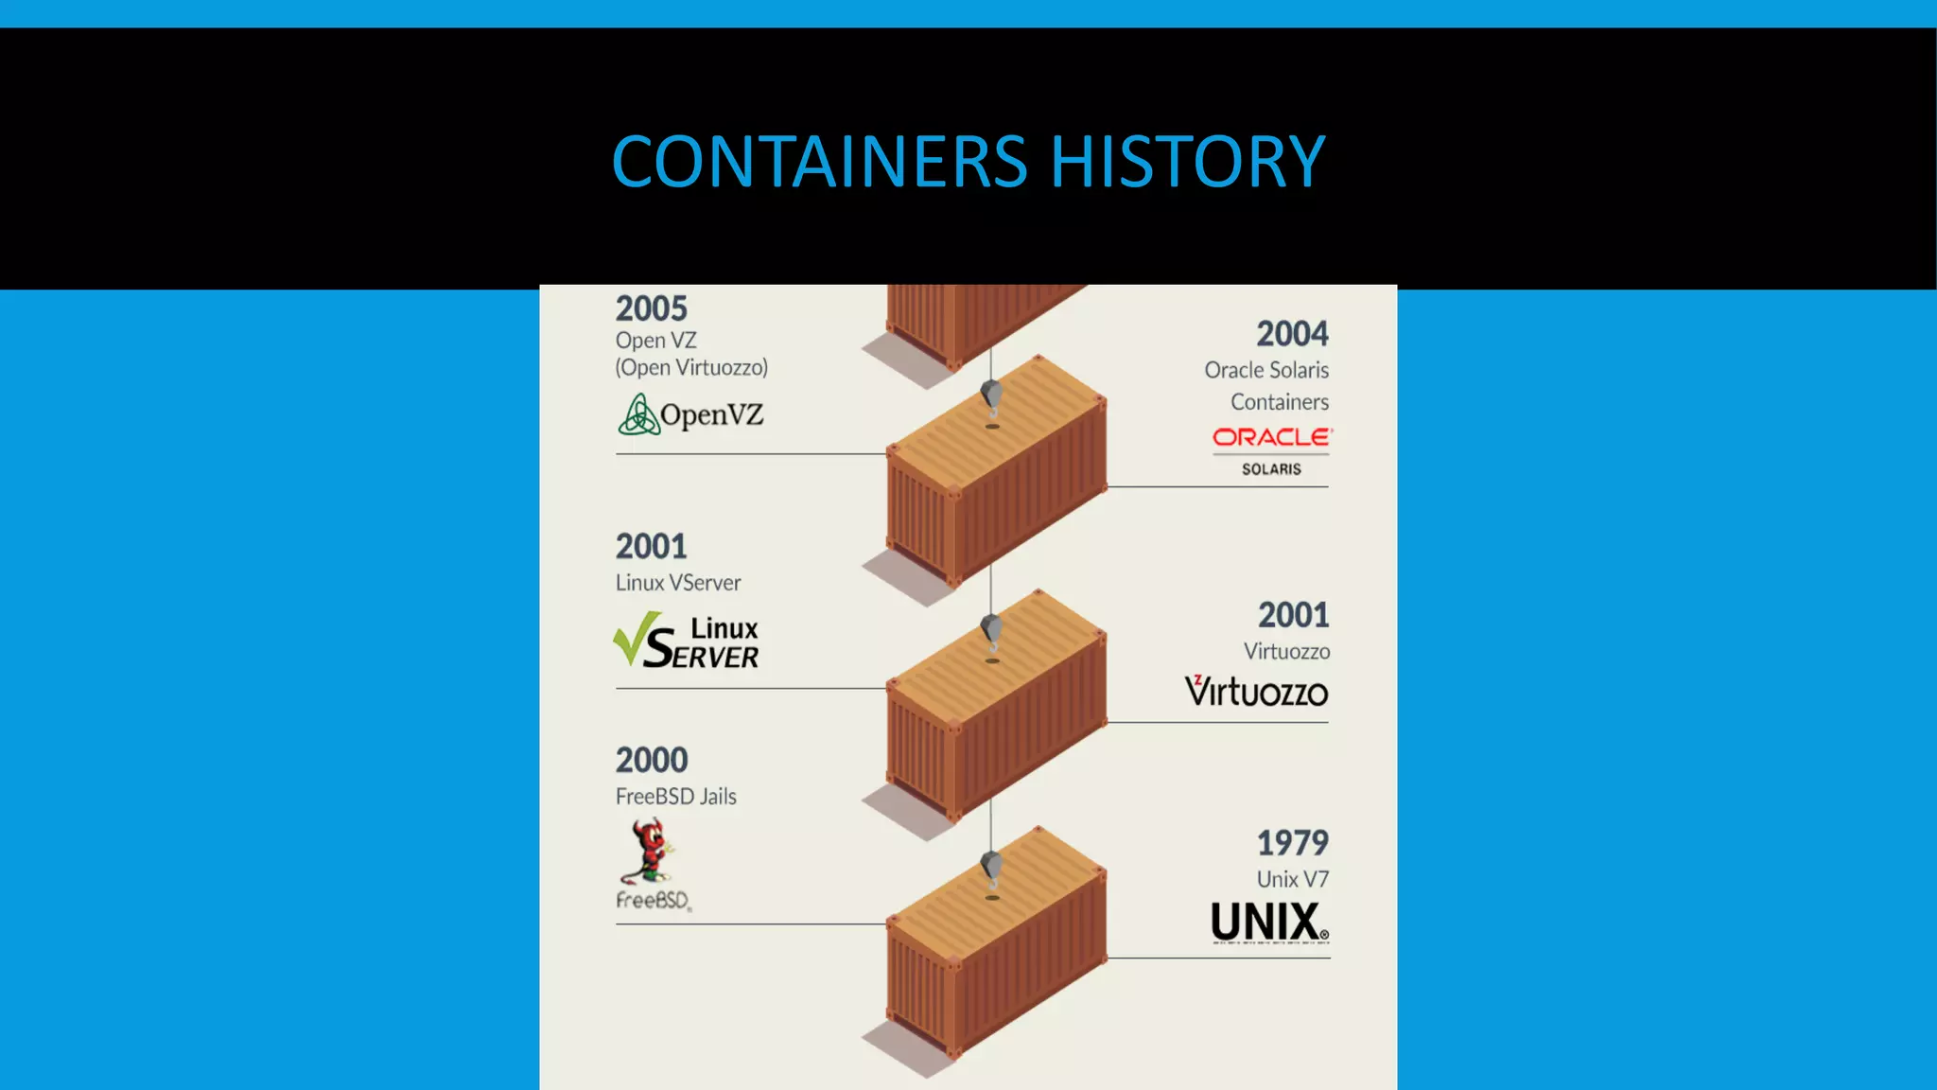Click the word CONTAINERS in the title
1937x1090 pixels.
click(819, 162)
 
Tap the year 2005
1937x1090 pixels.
click(651, 308)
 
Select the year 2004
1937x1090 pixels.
click(1292, 334)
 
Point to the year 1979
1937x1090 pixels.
click(1292, 842)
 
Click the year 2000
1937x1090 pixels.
click(651, 760)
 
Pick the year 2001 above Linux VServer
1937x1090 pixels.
click(651, 546)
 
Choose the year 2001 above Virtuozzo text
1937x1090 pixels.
click(1293, 615)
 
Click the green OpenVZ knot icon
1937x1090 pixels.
click(638, 414)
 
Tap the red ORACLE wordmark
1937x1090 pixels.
click(1271, 437)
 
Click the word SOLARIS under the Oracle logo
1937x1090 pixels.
click(1271, 469)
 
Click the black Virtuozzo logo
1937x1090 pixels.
click(1256, 692)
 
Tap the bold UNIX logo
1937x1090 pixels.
click(1268, 922)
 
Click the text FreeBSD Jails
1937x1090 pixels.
click(675, 797)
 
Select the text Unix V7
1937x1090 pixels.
click(1292, 879)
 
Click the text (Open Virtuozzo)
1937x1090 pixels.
click(691, 367)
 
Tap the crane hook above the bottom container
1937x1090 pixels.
click(991, 870)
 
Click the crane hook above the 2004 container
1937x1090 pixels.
click(991, 398)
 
